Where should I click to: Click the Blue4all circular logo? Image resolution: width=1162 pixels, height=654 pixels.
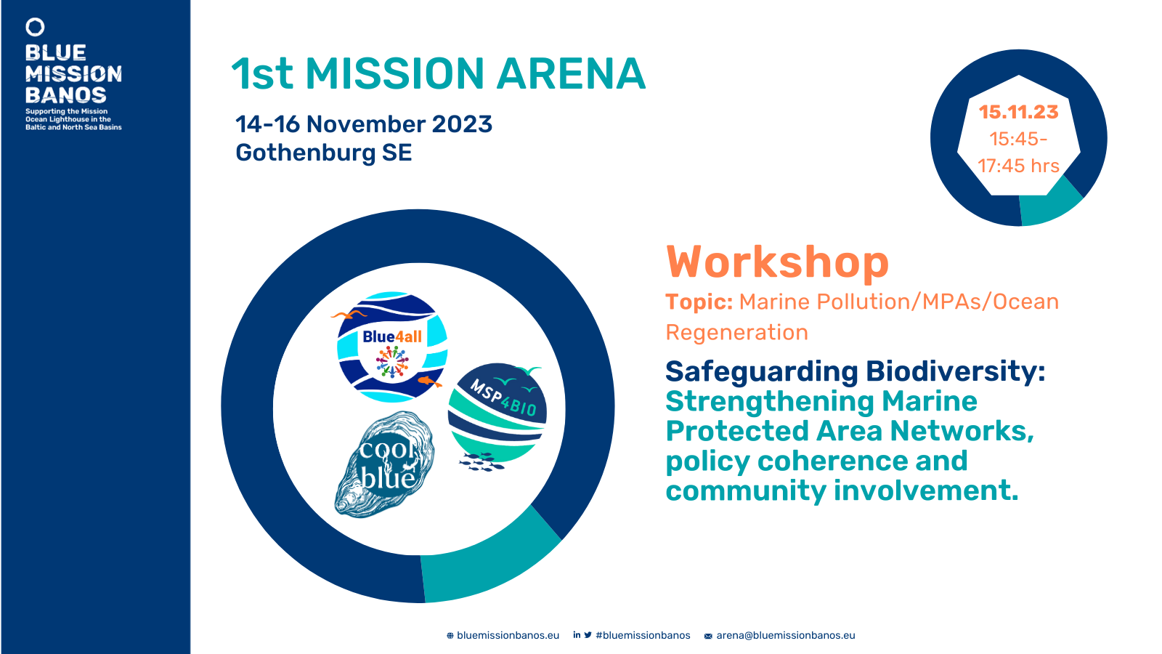click(x=392, y=347)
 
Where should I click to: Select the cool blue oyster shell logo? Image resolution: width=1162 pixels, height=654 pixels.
click(x=385, y=464)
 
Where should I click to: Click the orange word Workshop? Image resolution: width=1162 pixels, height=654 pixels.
click(x=777, y=262)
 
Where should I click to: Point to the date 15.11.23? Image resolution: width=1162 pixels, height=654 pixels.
click(x=1018, y=112)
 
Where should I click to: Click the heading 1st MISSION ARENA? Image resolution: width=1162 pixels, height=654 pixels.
click(x=439, y=73)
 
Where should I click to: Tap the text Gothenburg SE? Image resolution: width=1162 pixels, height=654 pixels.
click(x=324, y=153)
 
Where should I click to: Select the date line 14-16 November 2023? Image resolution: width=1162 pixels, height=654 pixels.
click(x=364, y=124)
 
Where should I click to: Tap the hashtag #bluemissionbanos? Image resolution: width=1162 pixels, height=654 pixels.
click(x=643, y=635)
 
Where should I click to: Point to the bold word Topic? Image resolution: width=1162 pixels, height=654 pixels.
click(x=699, y=302)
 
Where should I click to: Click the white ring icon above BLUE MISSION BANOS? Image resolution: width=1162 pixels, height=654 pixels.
click(x=36, y=27)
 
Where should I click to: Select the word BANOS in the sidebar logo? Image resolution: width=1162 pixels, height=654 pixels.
click(x=66, y=95)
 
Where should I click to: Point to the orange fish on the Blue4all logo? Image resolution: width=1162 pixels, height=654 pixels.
click(x=430, y=382)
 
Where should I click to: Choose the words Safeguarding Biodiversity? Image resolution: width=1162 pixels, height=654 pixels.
click(x=855, y=371)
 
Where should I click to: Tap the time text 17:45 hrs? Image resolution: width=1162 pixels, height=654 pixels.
click(x=1018, y=166)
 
